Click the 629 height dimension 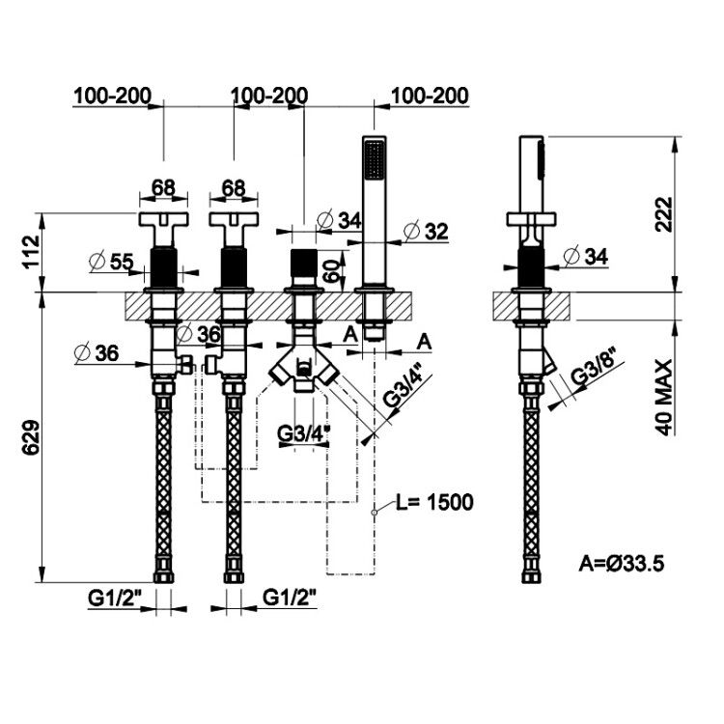click(x=31, y=437)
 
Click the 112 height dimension click(x=31, y=252)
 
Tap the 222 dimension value click(x=664, y=214)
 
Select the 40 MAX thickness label click(x=664, y=397)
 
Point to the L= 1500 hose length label click(x=435, y=502)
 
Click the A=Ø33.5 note click(x=622, y=564)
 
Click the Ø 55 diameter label click(x=111, y=262)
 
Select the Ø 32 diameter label click(x=426, y=232)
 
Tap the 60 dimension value click(x=333, y=270)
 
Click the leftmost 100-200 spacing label click(x=112, y=96)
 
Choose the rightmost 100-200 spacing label click(x=430, y=96)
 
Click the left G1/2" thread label click(x=114, y=599)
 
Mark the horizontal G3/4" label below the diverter click(x=304, y=433)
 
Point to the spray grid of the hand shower click(x=374, y=159)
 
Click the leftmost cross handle click(x=164, y=228)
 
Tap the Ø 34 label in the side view click(x=586, y=256)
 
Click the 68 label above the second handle click(x=234, y=188)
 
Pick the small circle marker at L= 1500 click(x=375, y=512)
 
